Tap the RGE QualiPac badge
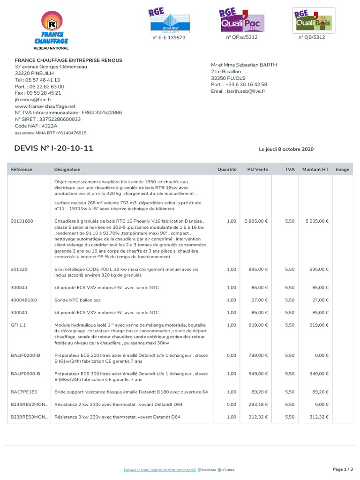242,21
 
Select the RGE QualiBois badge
313,21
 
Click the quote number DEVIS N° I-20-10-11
54,149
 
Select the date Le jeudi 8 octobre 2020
286,150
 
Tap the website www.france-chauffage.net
45,106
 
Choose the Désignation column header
67,169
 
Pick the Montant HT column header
315,169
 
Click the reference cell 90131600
22,221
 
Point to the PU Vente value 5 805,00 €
255,221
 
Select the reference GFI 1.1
18,325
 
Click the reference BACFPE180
24,392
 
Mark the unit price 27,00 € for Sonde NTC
260,300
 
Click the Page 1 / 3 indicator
342,469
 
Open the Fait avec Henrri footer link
160,470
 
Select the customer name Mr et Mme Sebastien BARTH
244,65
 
